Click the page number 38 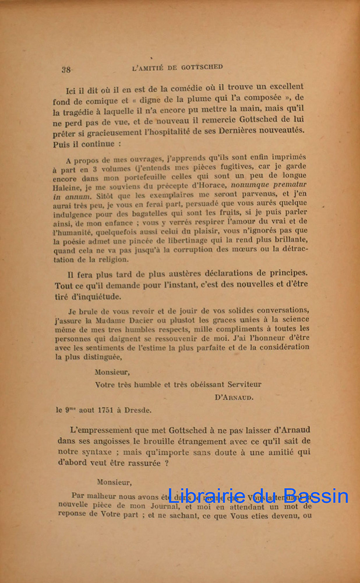pos(66,69)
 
